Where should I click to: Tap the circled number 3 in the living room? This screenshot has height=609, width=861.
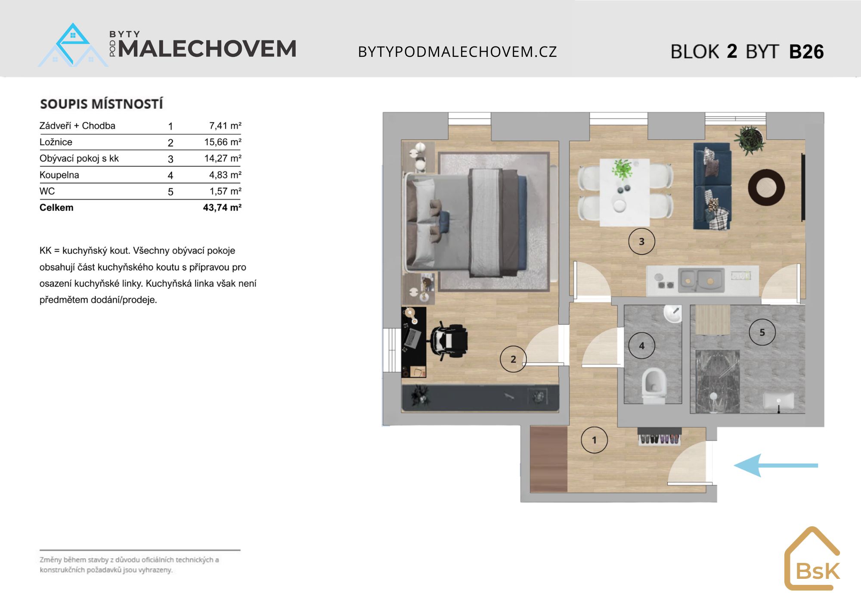point(641,241)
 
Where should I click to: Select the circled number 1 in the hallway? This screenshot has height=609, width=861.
point(594,440)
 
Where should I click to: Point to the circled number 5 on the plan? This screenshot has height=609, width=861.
point(762,332)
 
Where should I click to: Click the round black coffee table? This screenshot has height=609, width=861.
point(766,188)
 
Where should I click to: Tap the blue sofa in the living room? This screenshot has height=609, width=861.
point(712,186)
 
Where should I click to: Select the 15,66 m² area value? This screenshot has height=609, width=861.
point(223,142)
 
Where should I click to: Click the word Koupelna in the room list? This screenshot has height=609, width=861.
point(59,175)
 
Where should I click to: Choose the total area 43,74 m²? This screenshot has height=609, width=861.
point(222,208)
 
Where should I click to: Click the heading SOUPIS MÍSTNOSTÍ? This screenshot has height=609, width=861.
point(102,104)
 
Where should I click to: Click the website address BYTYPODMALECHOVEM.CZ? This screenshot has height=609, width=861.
point(458,52)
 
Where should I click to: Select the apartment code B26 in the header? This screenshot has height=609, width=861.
point(806,52)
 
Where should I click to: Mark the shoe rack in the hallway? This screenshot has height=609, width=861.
point(660,436)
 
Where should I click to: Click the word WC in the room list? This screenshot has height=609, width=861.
point(47,191)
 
